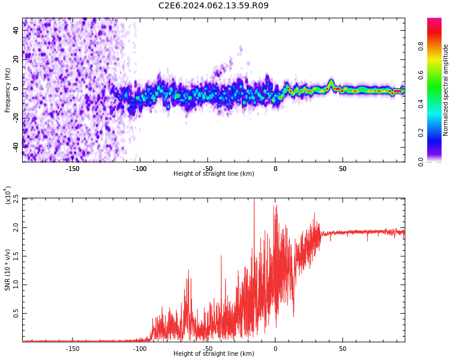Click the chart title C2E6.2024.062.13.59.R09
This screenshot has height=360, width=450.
point(214,6)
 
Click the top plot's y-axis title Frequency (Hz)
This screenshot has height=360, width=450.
point(8,89)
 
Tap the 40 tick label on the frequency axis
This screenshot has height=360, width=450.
point(16,31)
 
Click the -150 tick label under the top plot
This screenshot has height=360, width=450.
point(73,169)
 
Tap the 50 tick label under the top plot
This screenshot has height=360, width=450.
point(343,169)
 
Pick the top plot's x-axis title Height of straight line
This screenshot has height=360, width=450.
point(214,174)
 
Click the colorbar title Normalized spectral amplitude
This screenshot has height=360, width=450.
point(446,90)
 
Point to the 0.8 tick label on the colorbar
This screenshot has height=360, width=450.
point(437,46)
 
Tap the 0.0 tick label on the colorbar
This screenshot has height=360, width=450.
point(437,161)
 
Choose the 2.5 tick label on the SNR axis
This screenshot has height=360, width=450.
point(16,199)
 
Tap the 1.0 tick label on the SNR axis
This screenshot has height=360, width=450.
point(16,285)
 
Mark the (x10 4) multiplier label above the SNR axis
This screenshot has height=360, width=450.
point(8,195)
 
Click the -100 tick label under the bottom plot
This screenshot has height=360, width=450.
point(140,349)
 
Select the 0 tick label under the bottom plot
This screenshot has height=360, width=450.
point(275,349)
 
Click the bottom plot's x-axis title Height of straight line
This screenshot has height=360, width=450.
point(214,354)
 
